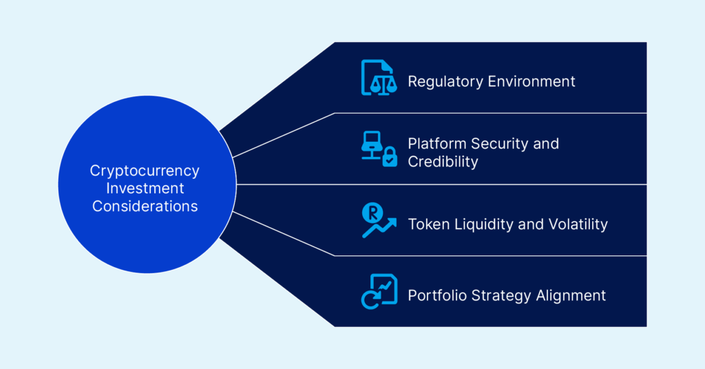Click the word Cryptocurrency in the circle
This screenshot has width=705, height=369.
(145, 170)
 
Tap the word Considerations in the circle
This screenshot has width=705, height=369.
(145, 206)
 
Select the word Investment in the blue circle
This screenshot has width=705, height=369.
(145, 188)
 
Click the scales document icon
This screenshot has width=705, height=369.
(379, 78)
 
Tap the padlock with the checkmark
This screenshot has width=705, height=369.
(390, 158)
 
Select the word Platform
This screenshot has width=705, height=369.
(437, 144)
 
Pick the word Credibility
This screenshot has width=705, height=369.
(443, 162)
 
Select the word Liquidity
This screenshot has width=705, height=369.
(476, 224)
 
